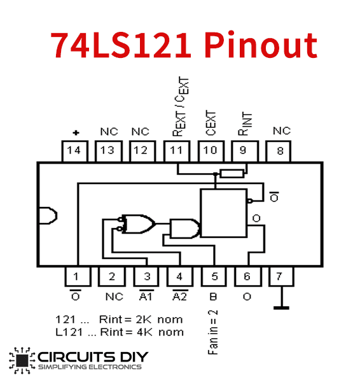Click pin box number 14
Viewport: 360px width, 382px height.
[x=74, y=151]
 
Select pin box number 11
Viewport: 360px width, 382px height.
[x=177, y=151]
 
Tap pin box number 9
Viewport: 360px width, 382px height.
[x=245, y=151]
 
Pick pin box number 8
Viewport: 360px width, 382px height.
[x=278, y=151]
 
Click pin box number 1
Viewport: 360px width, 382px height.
[x=78, y=276]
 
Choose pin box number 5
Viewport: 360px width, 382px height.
[x=214, y=276]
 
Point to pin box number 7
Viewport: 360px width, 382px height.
[x=281, y=276]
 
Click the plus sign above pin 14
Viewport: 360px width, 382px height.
[x=76, y=133]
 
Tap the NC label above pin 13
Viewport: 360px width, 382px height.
[x=109, y=132]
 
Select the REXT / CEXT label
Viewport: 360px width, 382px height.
[x=181, y=106]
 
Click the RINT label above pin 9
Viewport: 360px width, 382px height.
[x=245, y=124]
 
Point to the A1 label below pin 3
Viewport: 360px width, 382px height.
[x=146, y=295]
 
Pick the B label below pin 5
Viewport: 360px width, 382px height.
[x=213, y=297]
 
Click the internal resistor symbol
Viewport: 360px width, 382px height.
[x=232, y=174]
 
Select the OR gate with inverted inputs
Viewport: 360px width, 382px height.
[x=137, y=224]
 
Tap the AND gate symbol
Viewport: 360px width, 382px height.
[x=184, y=229]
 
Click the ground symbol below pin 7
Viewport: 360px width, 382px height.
[x=281, y=298]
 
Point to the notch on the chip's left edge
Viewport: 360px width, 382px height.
[x=48, y=216]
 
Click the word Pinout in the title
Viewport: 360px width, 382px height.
[x=261, y=45]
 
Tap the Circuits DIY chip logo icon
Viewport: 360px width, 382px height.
[x=22, y=360]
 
